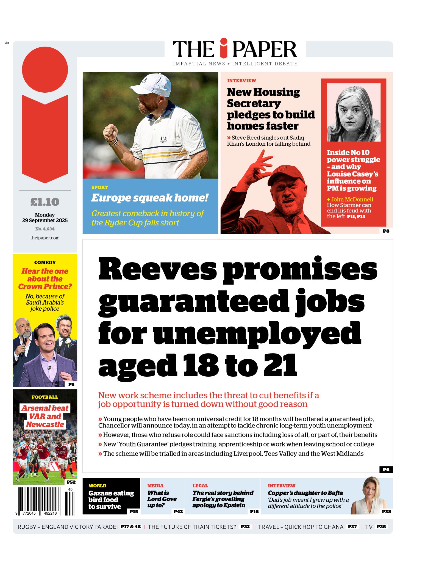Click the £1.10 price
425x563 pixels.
45,202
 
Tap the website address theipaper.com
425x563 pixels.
45,238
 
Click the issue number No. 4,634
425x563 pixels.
45,229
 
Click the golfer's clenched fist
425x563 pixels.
110,132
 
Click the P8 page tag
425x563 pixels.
386,231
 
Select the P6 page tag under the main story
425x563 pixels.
386,470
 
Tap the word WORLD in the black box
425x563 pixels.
98,486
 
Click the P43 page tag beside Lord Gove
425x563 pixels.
178,512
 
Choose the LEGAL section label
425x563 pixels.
200,486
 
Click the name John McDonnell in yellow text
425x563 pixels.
352,199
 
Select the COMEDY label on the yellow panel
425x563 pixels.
45,263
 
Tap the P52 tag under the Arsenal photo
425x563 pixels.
71,482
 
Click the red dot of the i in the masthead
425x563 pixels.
224,42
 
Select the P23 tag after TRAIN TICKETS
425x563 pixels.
245,527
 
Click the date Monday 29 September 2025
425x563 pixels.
45,217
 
